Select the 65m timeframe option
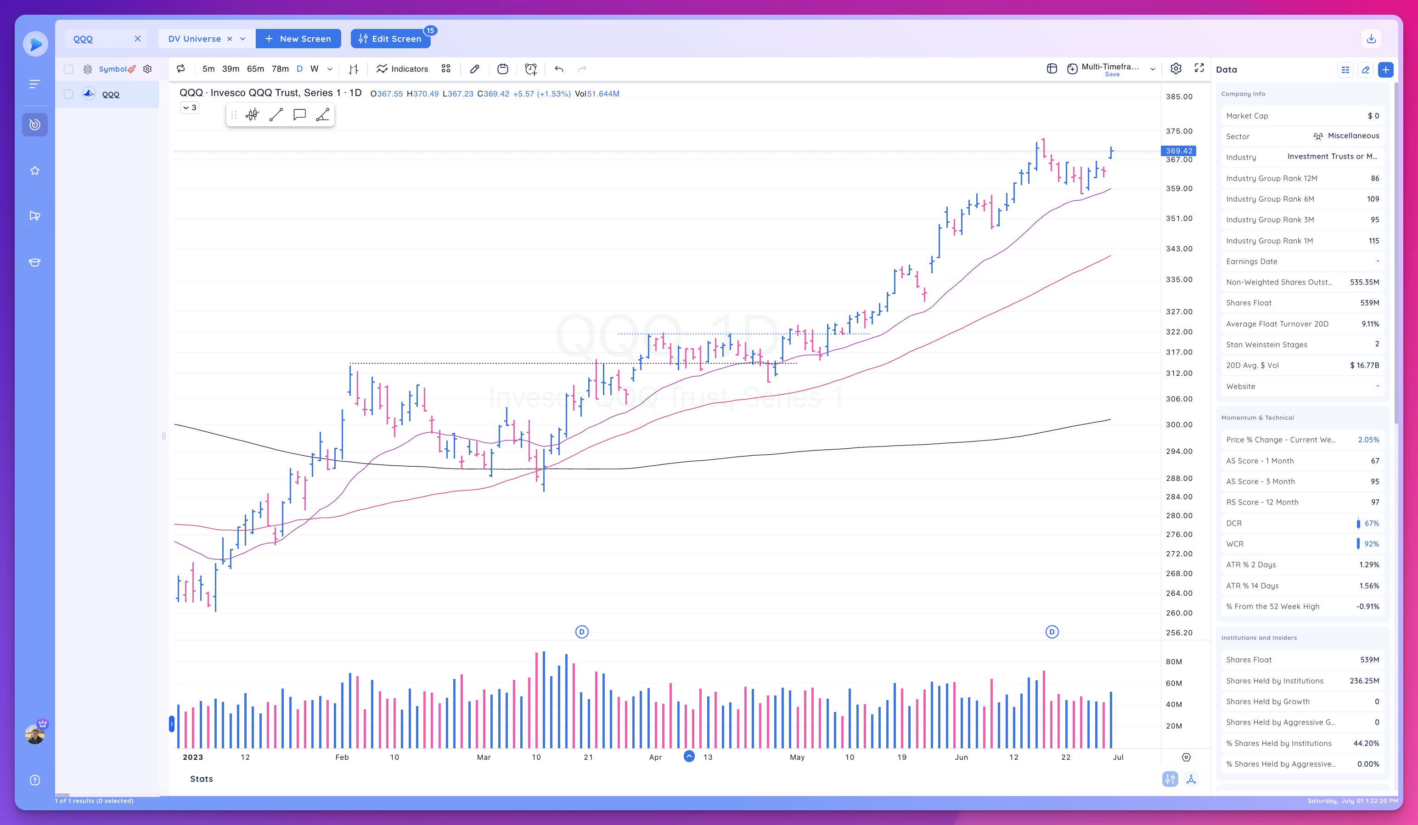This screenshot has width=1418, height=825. [255, 68]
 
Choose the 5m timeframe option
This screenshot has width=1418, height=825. [208, 68]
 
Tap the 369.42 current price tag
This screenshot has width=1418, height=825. [1178, 151]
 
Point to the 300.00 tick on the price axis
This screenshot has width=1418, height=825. [1179, 424]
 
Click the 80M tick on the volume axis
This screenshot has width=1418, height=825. [1174, 662]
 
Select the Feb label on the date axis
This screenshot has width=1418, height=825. [342, 757]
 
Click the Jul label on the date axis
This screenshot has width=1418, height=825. [1118, 757]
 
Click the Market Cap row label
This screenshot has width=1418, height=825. [1247, 116]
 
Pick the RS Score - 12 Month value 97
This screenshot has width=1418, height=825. [1375, 502]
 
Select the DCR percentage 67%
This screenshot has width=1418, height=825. [1371, 523]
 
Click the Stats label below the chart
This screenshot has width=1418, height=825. [202, 779]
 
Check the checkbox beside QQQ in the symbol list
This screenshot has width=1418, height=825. [68, 95]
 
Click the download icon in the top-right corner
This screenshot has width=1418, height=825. [1371, 38]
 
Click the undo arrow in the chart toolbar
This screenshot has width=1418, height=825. [559, 68]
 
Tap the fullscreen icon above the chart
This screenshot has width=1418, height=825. [1199, 68]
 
